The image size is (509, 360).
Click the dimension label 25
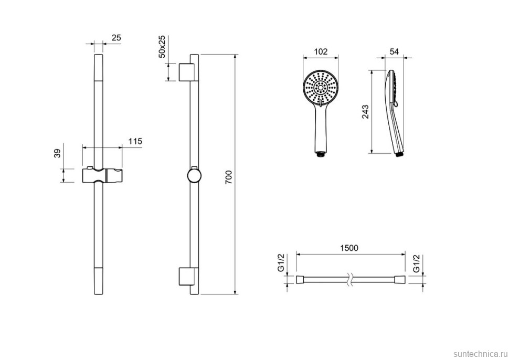pos(116,38)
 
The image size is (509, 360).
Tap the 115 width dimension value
pos(135,141)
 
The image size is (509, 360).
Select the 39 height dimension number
pos(57,153)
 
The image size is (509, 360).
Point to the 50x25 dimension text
pos(162,46)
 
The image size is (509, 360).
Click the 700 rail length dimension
pos(229,177)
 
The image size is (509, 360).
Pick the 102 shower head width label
pos(321,51)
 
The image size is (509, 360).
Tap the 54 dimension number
pos(394,51)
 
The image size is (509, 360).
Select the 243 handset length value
pos(366,112)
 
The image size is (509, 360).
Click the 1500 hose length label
pos(349,248)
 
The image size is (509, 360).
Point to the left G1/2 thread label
pos(281,262)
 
